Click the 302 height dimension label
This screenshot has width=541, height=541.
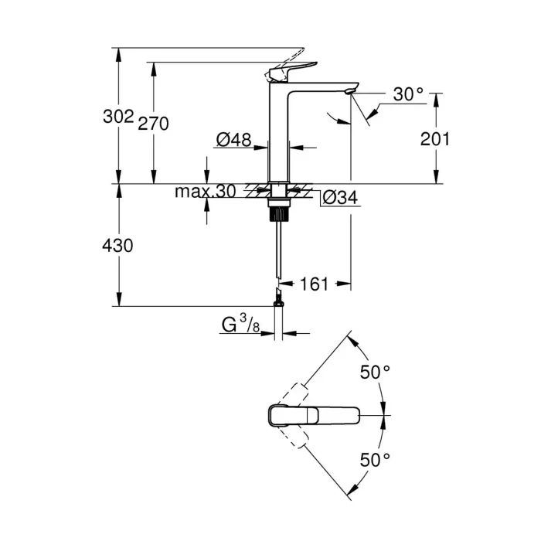click(x=117, y=116)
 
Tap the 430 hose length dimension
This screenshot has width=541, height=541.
click(x=117, y=246)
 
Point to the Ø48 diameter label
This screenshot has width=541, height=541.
click(x=233, y=140)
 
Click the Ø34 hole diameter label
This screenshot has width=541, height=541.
click(x=339, y=198)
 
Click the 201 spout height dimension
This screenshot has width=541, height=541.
click(x=434, y=139)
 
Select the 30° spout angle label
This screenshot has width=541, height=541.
click(x=408, y=94)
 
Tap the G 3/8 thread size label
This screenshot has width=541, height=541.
click(x=240, y=325)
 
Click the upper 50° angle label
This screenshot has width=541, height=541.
click(x=376, y=372)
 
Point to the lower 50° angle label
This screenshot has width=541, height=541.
click(x=376, y=460)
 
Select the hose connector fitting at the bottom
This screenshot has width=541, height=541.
click(x=278, y=297)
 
